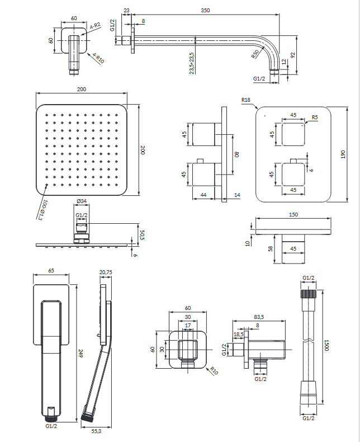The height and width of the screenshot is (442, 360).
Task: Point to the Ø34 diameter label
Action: pyautogui.click(x=81, y=201)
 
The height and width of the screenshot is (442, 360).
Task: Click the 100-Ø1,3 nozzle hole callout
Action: pyautogui.click(x=41, y=208)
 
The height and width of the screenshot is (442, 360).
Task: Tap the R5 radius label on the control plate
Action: pyautogui.click(x=315, y=117)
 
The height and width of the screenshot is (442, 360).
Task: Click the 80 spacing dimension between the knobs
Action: pyautogui.click(x=236, y=154)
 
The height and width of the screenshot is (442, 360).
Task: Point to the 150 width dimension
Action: pyautogui.click(x=293, y=214)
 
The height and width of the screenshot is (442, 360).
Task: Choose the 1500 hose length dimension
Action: pyautogui.click(x=326, y=347)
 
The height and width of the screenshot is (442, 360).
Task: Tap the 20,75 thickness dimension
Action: pyautogui.click(x=106, y=272)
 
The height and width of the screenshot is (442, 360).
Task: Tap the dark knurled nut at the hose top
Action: pyautogui.click(x=308, y=294)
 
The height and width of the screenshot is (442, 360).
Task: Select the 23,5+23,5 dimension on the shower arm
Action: pyautogui.click(x=192, y=60)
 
